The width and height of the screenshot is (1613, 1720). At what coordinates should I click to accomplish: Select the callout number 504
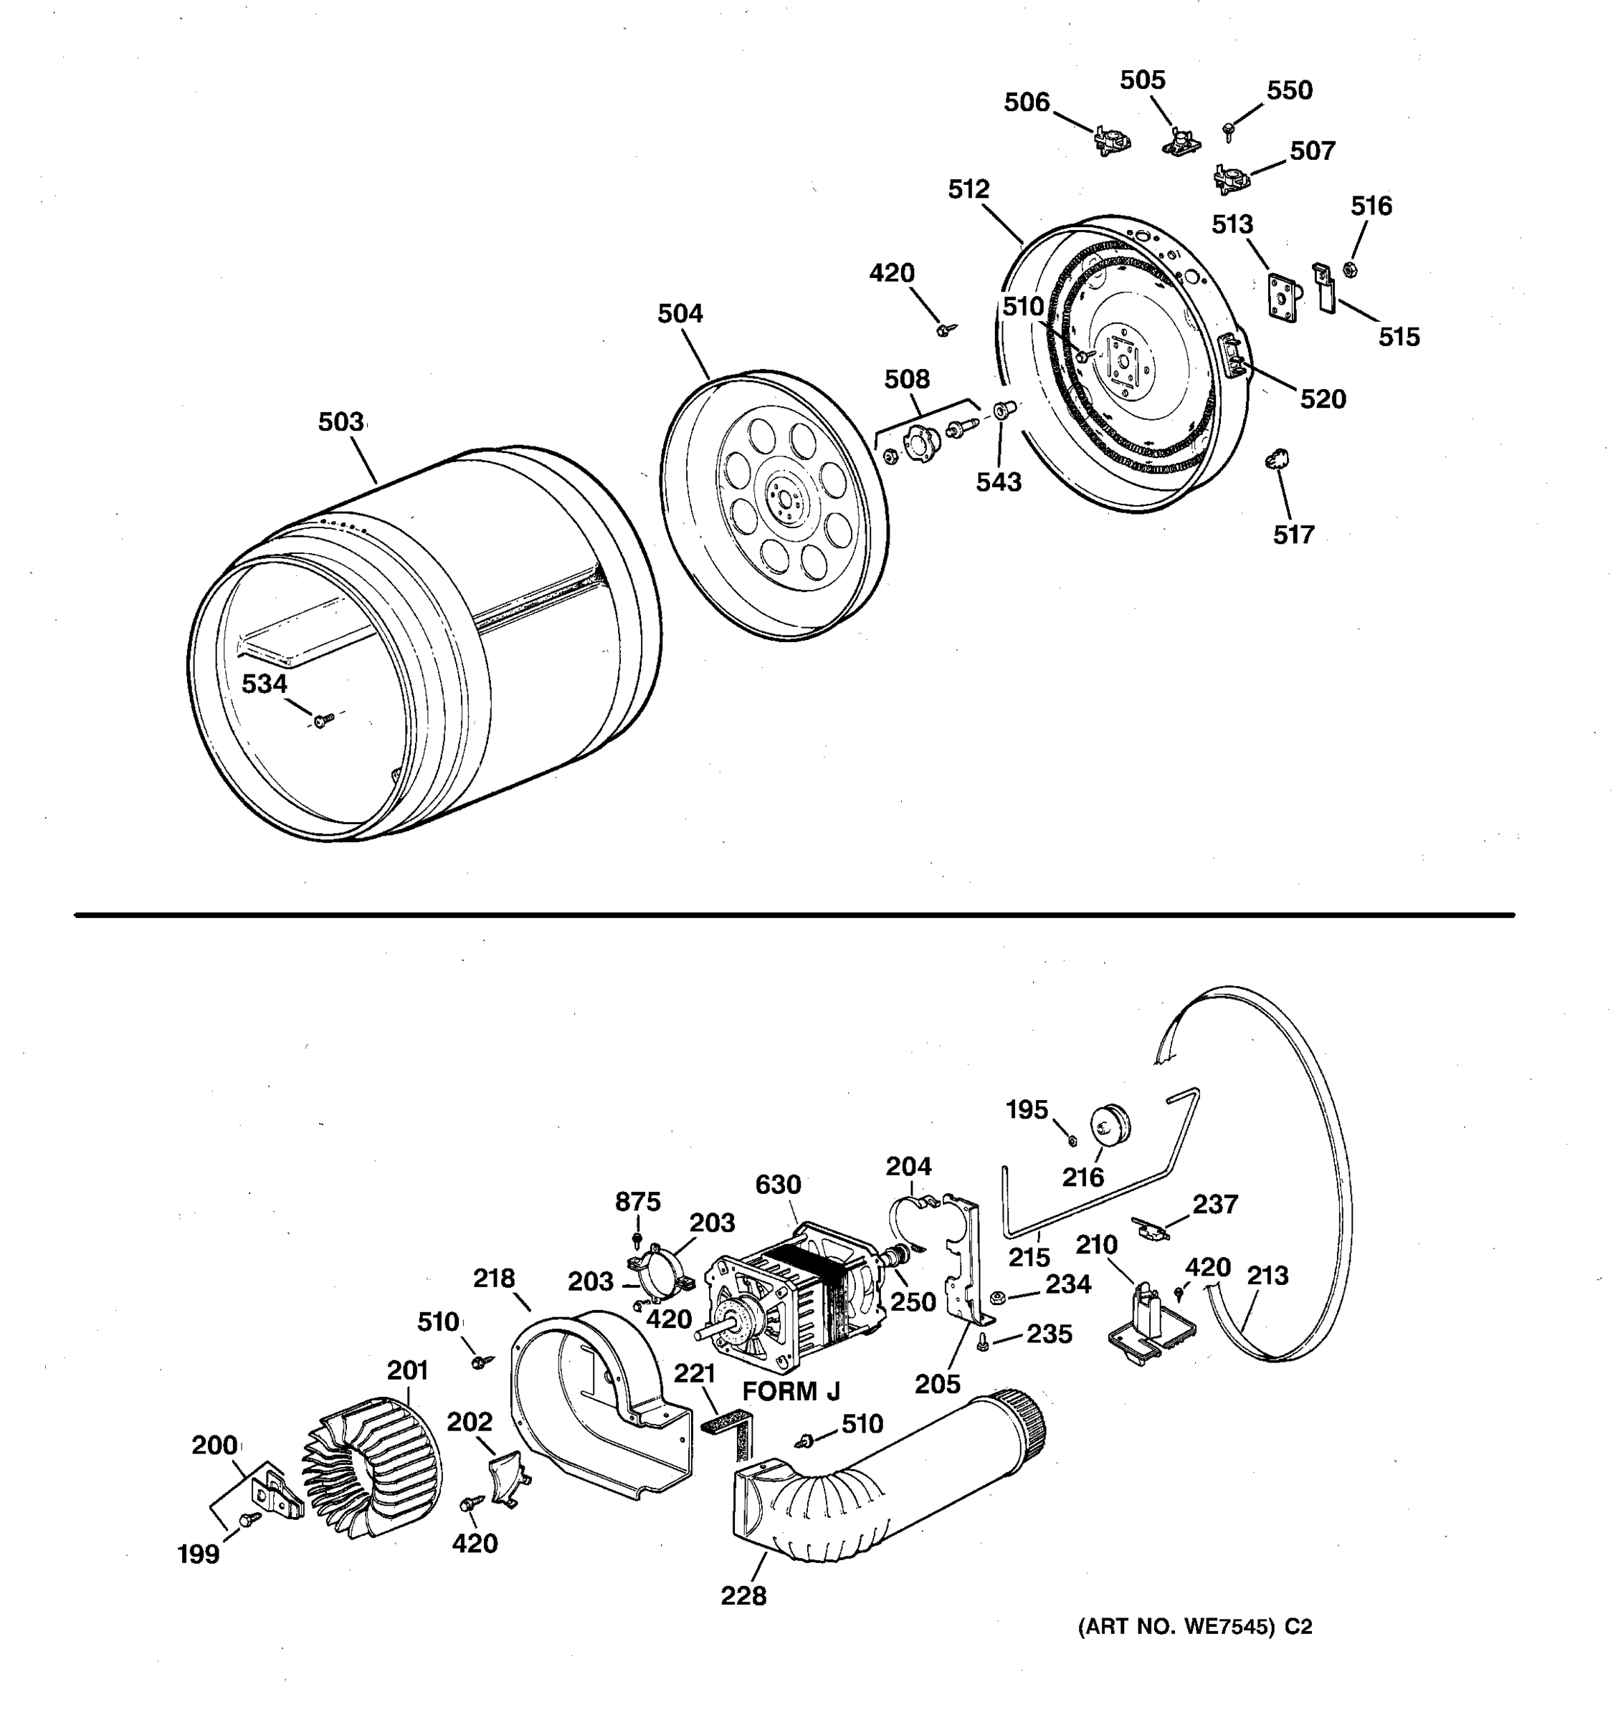point(680,314)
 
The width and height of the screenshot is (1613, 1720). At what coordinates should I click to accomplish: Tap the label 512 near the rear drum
point(969,189)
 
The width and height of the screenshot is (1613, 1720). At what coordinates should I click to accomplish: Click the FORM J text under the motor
point(791,1391)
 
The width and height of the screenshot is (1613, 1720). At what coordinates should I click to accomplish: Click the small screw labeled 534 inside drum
point(323,720)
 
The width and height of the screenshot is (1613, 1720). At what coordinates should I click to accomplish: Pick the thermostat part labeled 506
point(1111,140)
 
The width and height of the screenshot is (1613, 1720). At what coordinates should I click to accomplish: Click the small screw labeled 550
point(1228,130)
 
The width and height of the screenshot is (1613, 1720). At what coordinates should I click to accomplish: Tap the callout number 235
point(1049,1334)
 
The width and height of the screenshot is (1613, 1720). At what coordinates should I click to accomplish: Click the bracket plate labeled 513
point(1283,297)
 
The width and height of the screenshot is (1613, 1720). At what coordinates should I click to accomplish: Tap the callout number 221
point(695,1373)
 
